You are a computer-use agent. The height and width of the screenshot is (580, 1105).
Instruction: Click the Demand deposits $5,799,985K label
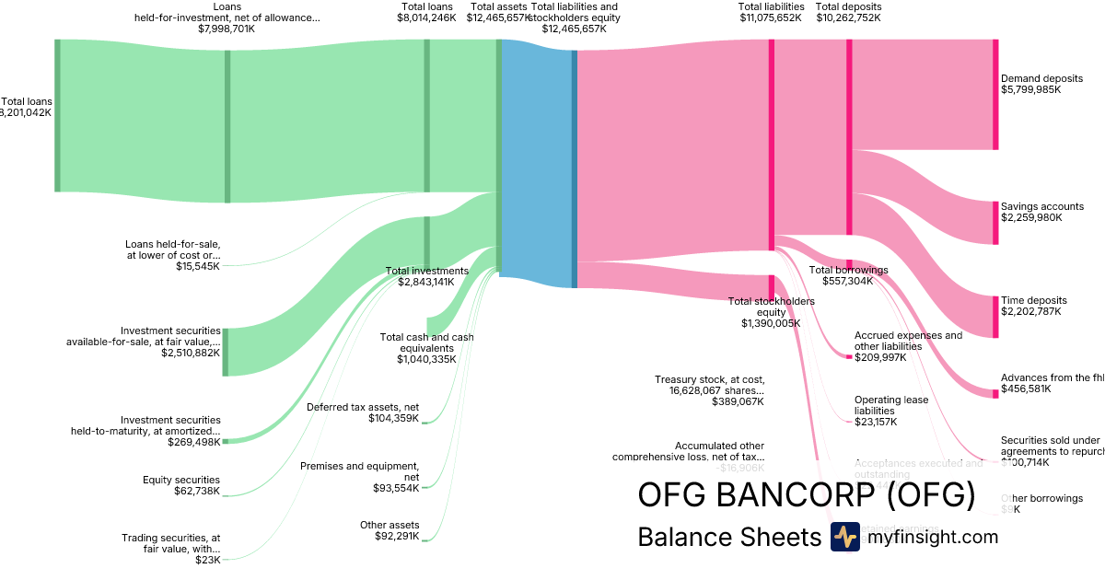point(1041,84)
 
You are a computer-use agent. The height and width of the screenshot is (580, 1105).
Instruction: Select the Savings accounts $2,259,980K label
point(1041,212)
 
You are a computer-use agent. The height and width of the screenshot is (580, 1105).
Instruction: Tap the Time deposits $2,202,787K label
point(1033,306)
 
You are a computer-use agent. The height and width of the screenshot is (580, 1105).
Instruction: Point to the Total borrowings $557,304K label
point(848,275)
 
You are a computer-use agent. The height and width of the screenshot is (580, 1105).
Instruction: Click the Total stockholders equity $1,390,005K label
point(771,312)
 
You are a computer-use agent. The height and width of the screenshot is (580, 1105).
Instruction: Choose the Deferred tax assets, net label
point(363,412)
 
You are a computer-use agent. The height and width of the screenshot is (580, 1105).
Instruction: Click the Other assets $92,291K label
point(389,530)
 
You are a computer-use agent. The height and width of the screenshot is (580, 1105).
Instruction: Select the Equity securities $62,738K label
point(181,485)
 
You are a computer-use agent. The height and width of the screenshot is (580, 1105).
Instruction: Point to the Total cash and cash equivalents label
point(426,348)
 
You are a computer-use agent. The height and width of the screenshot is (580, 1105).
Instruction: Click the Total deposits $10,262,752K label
point(849,12)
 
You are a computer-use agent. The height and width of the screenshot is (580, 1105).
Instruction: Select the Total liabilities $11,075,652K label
point(771,12)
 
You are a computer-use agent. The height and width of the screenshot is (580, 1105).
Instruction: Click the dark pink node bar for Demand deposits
point(995,94)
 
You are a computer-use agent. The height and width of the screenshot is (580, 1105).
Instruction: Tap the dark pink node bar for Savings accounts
point(995,223)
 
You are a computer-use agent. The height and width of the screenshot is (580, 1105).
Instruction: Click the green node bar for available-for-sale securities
point(226,352)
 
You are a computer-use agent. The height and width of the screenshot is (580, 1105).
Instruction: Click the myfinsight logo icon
point(844,537)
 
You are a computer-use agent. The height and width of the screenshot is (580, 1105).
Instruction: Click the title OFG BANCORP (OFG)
point(806,495)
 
